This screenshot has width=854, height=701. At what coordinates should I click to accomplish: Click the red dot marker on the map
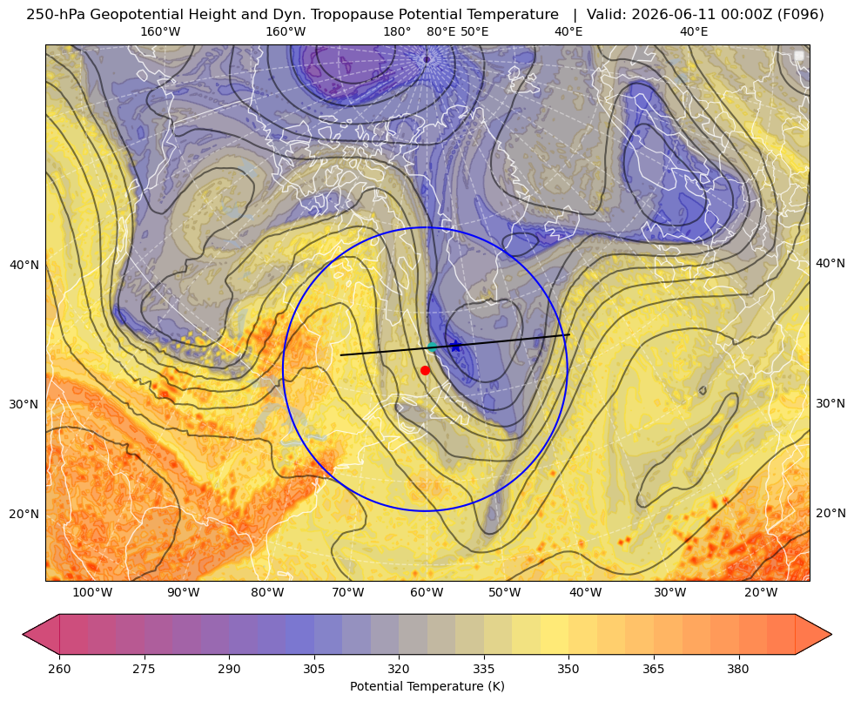(426, 370)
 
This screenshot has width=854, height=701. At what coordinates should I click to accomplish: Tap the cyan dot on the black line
(433, 347)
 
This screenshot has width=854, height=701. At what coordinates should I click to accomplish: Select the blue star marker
(456, 346)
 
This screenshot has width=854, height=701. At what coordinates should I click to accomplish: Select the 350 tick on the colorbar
(568, 669)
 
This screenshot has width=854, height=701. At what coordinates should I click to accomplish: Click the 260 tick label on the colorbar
(59, 669)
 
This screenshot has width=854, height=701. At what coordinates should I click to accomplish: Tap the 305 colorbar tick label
(314, 669)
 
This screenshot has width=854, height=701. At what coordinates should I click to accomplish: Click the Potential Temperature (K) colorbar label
(427, 686)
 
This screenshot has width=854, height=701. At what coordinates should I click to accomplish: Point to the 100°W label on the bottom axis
(92, 592)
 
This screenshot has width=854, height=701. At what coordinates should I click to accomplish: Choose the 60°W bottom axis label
(427, 592)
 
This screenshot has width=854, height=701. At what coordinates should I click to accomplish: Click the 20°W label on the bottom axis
(761, 592)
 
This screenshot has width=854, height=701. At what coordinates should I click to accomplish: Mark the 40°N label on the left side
(24, 266)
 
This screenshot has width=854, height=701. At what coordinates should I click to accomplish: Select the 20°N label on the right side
(830, 513)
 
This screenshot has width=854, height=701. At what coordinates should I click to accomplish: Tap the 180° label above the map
(397, 31)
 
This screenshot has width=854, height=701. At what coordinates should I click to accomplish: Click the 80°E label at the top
(441, 31)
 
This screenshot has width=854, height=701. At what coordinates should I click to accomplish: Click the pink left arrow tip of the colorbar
(24, 634)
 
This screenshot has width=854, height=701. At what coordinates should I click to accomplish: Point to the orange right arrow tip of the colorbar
(831, 634)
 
